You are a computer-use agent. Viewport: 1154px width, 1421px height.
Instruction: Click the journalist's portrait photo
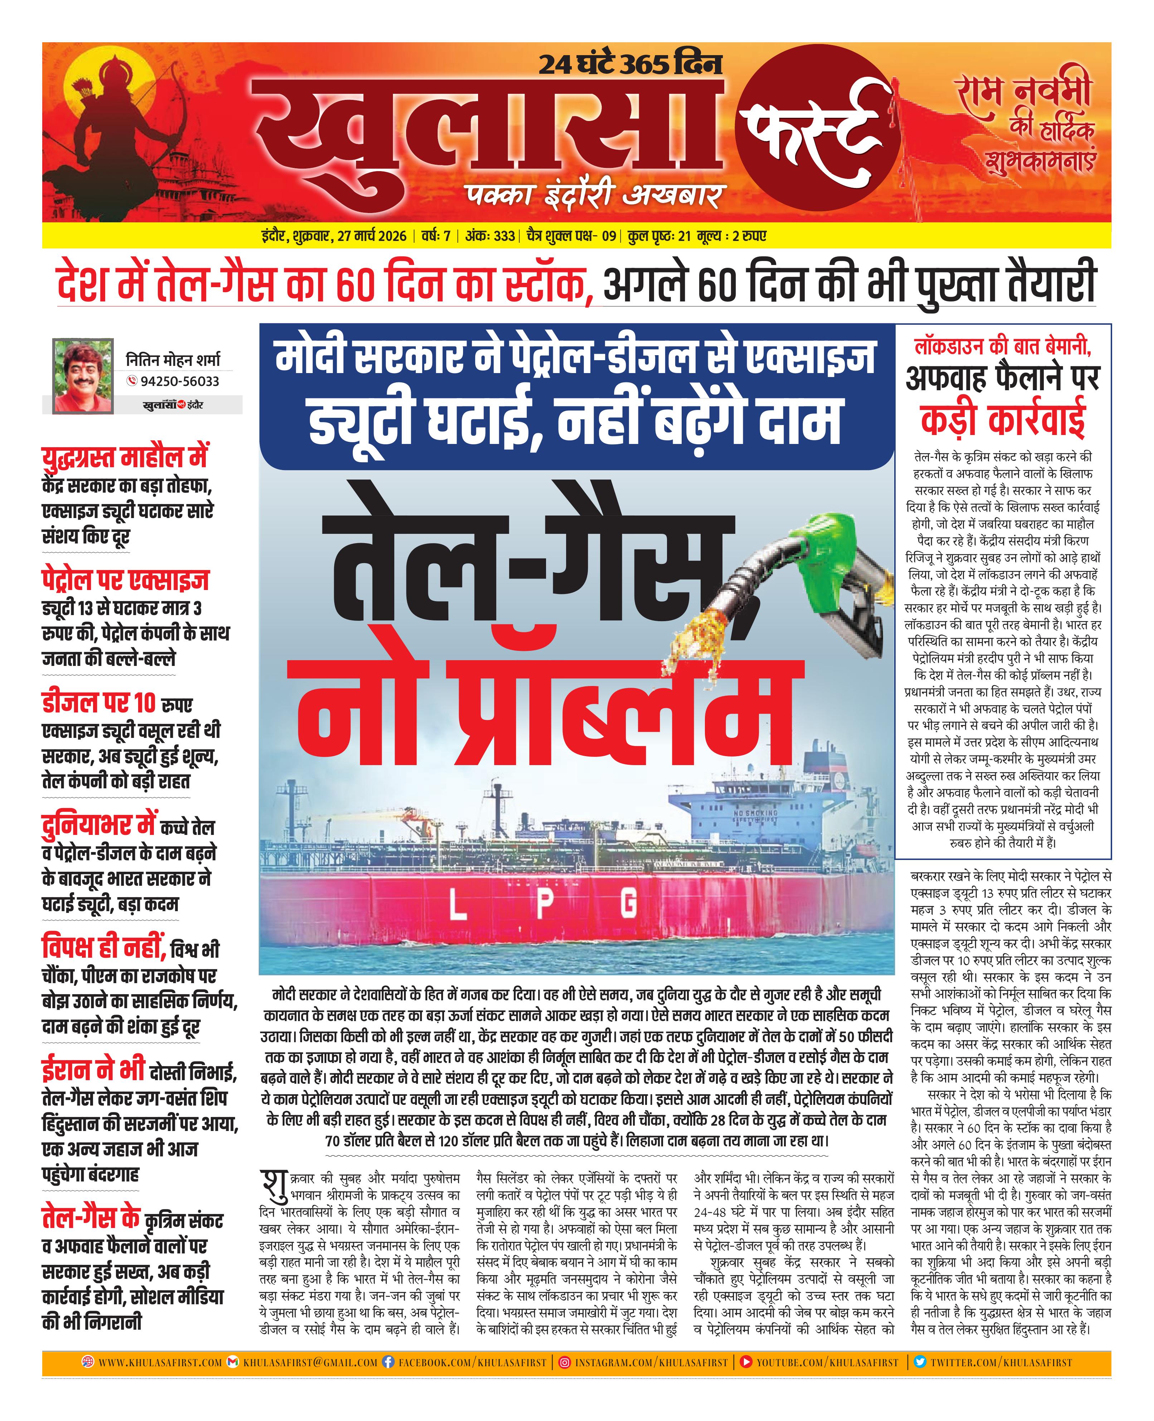tap(82, 376)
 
